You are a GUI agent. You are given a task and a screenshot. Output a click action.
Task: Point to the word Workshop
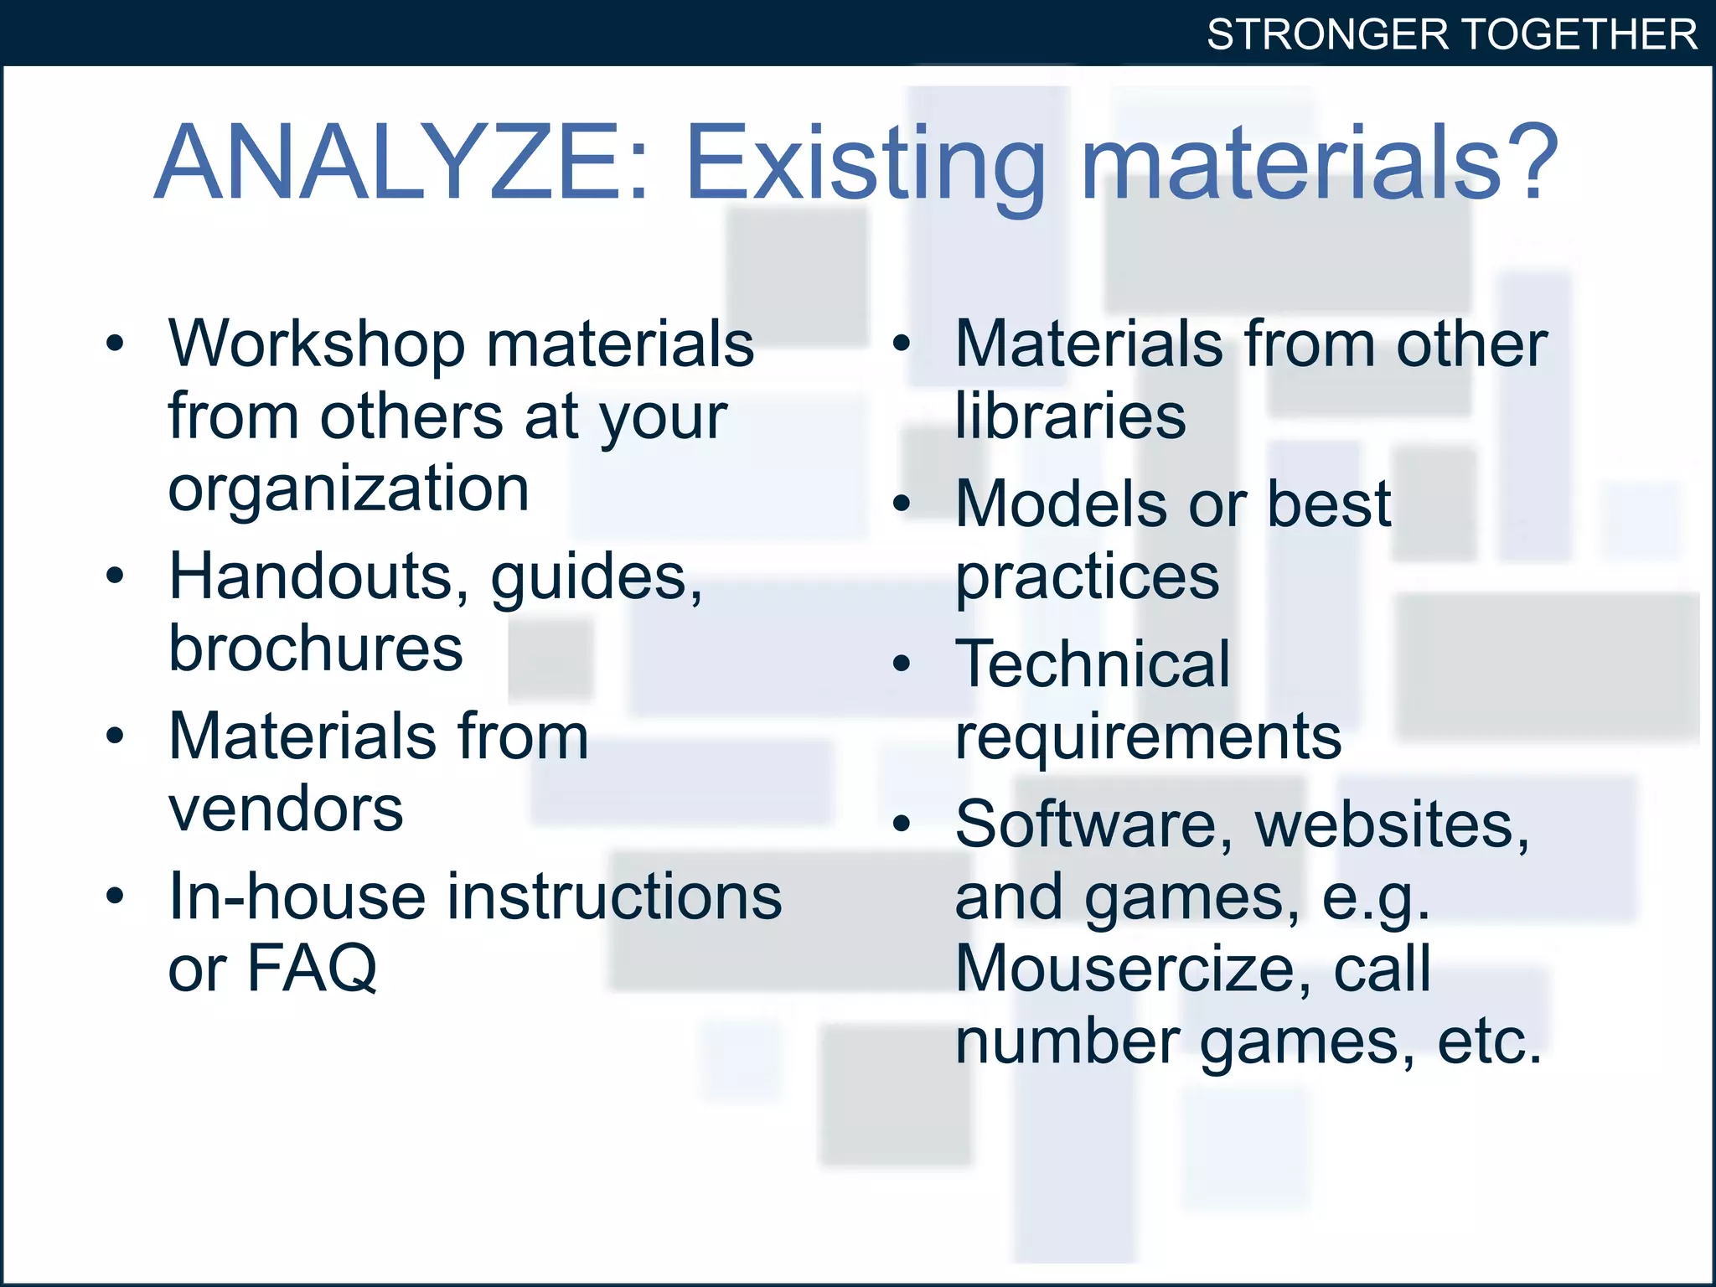317,345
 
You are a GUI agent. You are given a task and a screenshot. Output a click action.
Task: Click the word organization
349,488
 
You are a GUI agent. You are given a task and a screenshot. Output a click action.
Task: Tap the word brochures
315,649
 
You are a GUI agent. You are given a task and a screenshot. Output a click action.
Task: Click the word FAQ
312,969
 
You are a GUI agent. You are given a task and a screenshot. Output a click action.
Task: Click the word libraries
1071,416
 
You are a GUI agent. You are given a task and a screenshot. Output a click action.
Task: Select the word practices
1088,578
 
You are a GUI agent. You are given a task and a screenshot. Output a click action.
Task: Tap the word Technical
1093,664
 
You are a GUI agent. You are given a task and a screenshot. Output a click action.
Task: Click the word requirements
1148,737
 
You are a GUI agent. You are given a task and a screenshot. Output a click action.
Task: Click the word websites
1392,825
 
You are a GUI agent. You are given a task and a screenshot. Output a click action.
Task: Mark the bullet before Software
902,824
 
